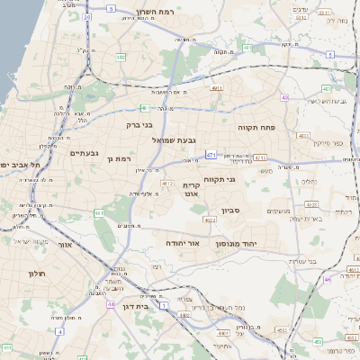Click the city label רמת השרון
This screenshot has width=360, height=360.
pos(153,13)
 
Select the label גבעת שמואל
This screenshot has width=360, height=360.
pos(186,139)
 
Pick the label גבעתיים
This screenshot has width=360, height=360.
pos(84,153)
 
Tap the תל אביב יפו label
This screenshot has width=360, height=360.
pos(16,165)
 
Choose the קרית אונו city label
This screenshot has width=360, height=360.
pos(191,190)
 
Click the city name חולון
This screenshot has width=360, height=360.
pos(36,274)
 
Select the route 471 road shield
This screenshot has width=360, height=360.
pos(211,155)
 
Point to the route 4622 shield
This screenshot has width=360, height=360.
pos(209,220)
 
